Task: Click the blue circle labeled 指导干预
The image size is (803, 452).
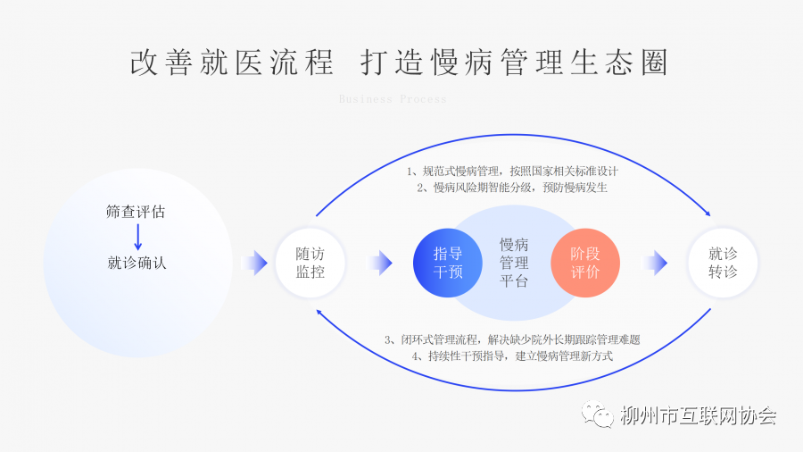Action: pos(448,263)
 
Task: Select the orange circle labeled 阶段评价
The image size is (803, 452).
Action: pos(585,263)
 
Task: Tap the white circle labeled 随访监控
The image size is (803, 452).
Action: pos(310,263)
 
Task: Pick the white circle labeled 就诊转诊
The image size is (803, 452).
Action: pos(723,263)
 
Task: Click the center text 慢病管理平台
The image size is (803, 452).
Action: pos(515,263)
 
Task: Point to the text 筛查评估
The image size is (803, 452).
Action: pos(136,213)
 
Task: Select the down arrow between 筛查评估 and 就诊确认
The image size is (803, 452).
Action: pos(137,238)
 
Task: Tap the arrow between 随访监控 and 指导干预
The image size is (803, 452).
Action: pos(380,263)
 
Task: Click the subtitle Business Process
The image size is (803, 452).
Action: pos(393,99)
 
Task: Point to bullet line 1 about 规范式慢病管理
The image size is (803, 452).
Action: pos(512,171)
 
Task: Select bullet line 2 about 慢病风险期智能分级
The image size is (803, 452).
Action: pos(512,188)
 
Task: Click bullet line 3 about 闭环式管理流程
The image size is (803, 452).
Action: pos(512,339)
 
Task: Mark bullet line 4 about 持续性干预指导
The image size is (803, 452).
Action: pos(512,356)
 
